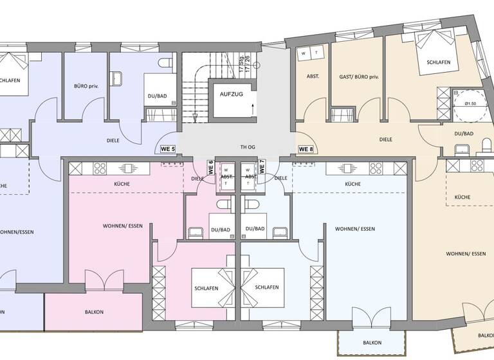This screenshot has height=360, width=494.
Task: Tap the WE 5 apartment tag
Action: click(167, 149)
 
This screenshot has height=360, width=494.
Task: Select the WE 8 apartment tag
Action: click(306, 149)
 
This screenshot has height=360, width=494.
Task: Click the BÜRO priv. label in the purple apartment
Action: click(86, 85)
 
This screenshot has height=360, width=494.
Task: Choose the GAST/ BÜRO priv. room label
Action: click(359, 76)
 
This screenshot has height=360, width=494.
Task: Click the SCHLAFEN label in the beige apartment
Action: click(435, 62)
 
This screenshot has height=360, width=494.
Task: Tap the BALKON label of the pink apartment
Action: click(94, 312)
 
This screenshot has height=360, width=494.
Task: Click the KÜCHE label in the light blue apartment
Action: click(352, 184)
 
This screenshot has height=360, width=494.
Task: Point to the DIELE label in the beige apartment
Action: click(386, 139)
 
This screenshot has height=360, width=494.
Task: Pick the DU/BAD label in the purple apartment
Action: click(158, 96)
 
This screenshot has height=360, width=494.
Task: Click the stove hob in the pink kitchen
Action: click(100, 168)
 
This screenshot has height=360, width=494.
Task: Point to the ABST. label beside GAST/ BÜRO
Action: click(313, 76)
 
